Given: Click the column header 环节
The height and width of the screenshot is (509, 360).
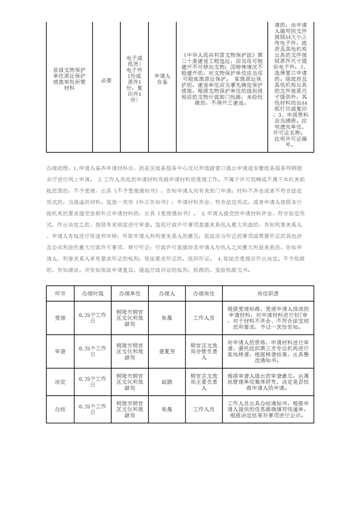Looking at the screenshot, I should (x=60, y=293).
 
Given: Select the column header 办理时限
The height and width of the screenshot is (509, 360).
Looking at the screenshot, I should (x=93, y=293).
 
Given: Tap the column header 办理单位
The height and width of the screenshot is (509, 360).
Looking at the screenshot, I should (x=129, y=293).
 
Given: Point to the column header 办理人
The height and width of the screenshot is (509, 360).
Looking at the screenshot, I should (x=167, y=293).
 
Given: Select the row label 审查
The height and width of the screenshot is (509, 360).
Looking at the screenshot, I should (x=60, y=351).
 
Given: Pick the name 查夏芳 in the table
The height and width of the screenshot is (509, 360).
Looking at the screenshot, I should (x=167, y=351).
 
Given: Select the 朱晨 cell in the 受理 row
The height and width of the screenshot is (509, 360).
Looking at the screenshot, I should (x=167, y=318).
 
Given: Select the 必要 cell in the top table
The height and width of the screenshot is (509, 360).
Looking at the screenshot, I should (x=106, y=80).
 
